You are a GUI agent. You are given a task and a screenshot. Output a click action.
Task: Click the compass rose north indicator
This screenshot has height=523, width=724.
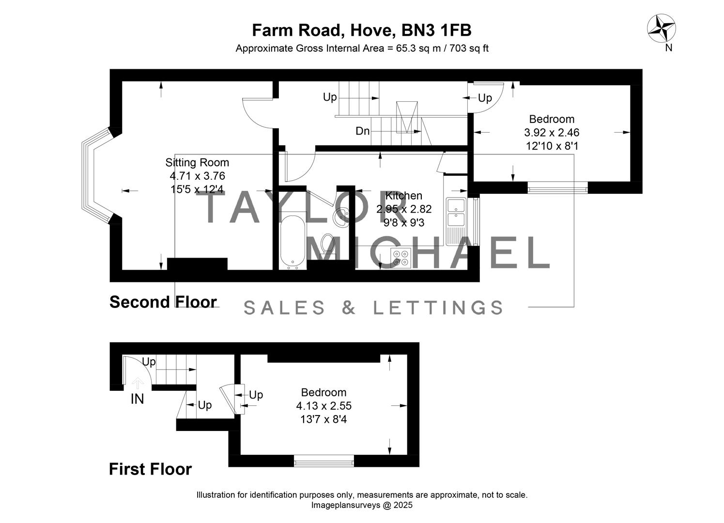coord(662,28)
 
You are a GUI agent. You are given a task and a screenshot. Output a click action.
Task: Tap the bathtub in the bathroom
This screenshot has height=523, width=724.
coord(293,241)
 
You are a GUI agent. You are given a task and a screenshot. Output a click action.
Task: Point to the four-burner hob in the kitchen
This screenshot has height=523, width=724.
coord(401,258)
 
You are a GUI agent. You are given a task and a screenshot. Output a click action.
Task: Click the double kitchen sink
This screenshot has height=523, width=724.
coord(456,212)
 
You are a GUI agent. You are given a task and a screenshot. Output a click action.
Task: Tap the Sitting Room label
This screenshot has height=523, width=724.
coord(197,163)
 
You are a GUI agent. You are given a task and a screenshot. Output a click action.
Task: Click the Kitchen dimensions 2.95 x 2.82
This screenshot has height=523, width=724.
coord(404,209)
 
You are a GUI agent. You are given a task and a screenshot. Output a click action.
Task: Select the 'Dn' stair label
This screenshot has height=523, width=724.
coord(362,131)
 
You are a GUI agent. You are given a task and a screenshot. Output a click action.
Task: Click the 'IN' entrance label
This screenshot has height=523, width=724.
coord(138,399)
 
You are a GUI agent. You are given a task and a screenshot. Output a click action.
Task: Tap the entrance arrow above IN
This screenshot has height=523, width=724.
coord(138,383)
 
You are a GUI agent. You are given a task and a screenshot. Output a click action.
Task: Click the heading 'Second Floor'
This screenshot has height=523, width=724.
coord(163,302)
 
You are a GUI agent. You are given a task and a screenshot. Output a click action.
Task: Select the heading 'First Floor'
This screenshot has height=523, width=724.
coord(150,469)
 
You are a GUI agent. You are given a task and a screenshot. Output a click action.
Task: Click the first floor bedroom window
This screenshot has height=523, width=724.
coord(324,461)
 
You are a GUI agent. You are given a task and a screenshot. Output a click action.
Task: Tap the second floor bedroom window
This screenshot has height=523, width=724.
coord(557,187)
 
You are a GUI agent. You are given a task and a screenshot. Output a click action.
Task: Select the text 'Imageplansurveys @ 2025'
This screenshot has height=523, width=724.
coord(362,505)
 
